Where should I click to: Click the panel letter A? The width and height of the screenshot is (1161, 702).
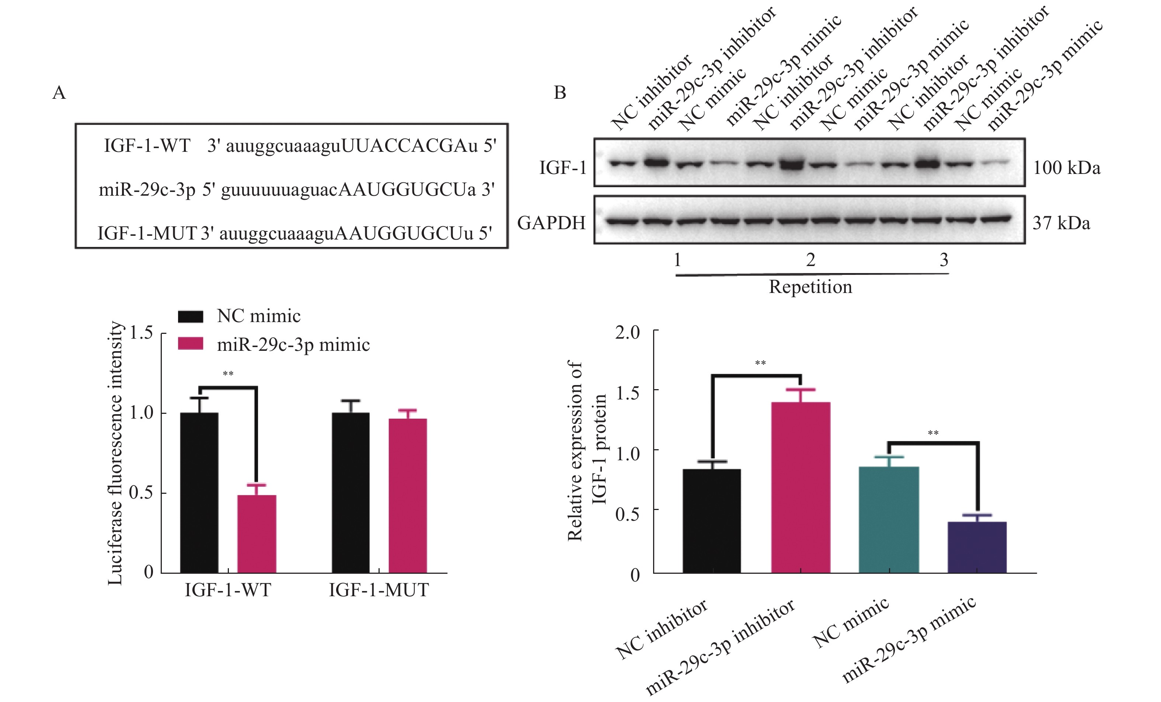click(59, 93)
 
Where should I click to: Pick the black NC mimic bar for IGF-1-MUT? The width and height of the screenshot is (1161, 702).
click(350, 492)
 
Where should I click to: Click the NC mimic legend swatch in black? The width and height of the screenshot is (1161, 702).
click(190, 316)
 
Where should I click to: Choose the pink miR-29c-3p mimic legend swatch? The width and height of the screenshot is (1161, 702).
click(190, 344)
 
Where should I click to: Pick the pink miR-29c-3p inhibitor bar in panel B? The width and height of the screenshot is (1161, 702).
click(801, 487)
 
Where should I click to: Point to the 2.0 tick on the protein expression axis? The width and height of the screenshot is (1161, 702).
click(628, 333)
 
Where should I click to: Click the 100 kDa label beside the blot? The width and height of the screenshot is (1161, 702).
click(1067, 168)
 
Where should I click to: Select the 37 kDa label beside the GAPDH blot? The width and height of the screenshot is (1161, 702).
click(1061, 223)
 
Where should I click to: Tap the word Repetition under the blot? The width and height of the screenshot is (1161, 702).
click(810, 287)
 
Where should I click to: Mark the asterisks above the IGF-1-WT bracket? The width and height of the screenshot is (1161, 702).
click(228, 374)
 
